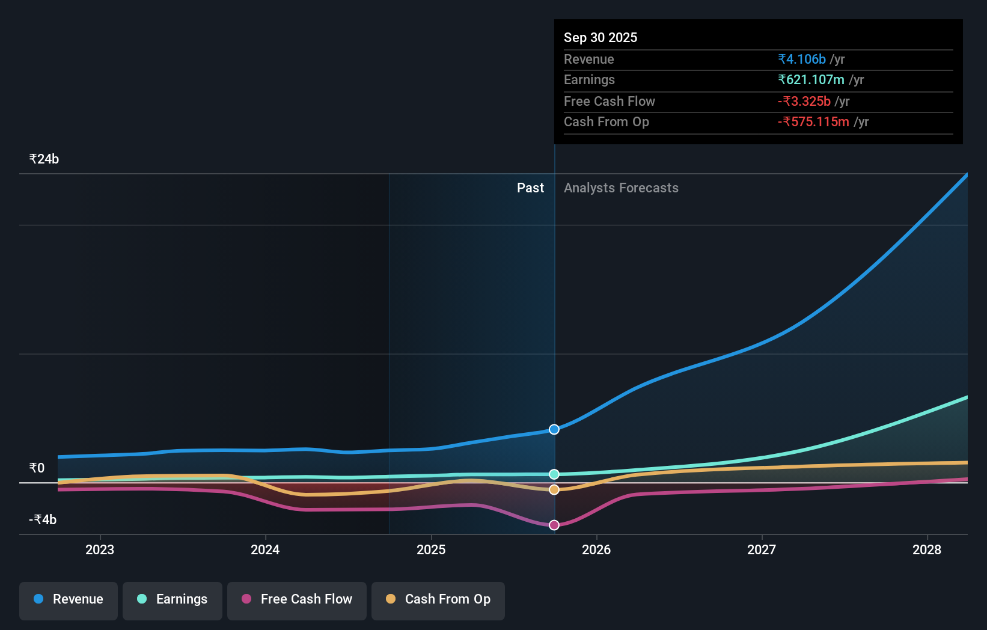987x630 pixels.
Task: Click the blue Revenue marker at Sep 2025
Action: point(554,429)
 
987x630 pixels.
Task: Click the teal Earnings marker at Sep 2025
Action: point(554,474)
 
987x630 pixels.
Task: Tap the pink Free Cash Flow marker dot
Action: point(554,525)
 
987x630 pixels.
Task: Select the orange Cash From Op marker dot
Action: point(554,489)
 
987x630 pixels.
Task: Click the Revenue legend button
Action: point(69,599)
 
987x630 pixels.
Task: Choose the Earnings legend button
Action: point(173,599)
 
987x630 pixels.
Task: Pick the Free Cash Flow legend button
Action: point(297,599)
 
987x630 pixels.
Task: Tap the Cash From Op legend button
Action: point(438,599)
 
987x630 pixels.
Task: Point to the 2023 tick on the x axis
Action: point(100,549)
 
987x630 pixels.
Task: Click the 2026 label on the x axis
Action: point(596,549)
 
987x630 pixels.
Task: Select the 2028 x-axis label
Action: point(927,549)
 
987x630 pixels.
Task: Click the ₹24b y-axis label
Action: point(44,159)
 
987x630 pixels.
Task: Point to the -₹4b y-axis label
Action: point(43,519)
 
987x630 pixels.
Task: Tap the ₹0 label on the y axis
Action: point(37,468)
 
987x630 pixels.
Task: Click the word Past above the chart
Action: point(530,188)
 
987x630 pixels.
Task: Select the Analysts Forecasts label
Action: point(621,188)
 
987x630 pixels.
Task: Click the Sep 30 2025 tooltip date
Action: point(600,37)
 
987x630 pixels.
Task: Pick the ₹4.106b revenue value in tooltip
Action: point(802,59)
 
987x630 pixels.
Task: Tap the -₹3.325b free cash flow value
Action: point(804,101)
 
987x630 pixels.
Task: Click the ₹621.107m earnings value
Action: point(811,79)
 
